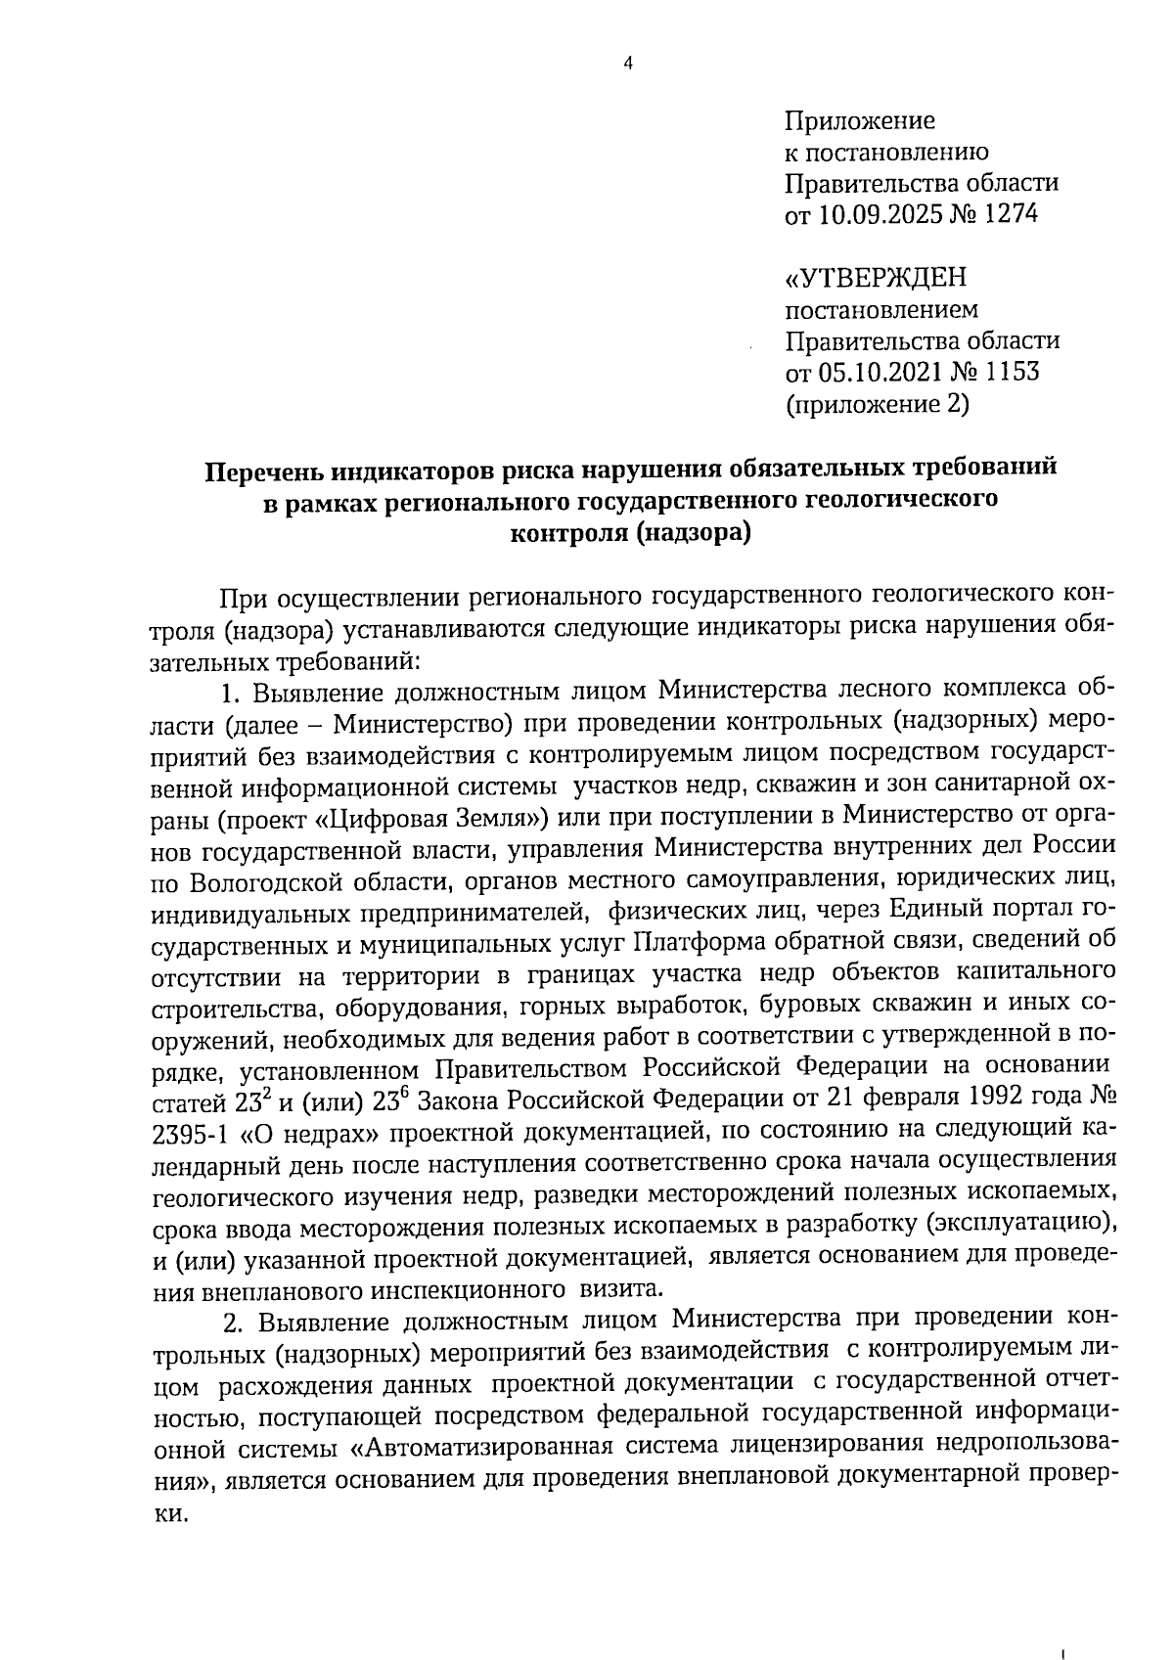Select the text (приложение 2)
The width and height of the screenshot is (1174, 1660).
point(878,404)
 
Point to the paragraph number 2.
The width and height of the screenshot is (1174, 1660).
point(231,1323)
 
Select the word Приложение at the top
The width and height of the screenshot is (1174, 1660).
point(861,121)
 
